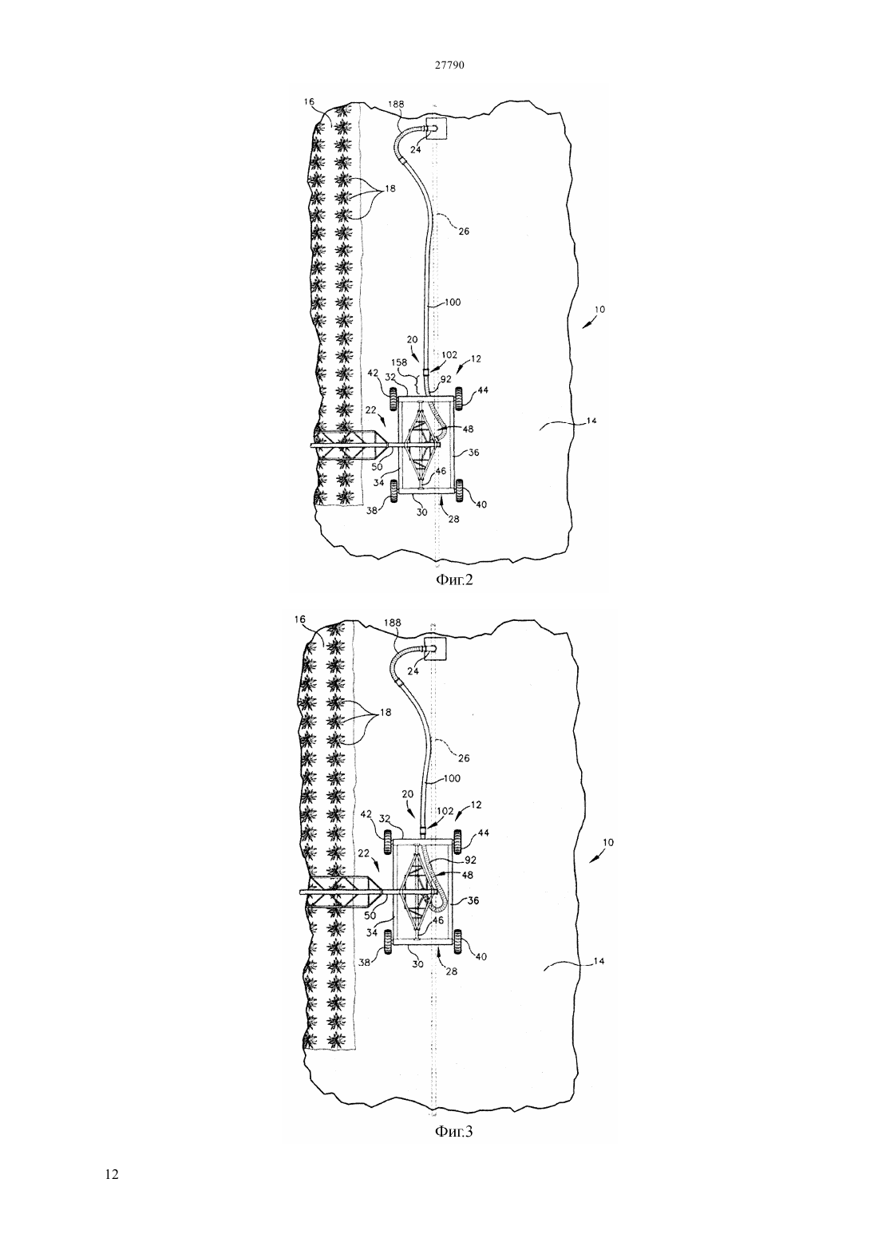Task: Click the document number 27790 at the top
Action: click(449, 65)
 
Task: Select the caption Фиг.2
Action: click(454, 580)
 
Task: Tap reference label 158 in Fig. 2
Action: click(400, 362)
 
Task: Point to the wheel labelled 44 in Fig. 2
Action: click(460, 398)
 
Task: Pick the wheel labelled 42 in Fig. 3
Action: click(389, 841)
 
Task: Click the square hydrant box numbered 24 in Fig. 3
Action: click(435, 647)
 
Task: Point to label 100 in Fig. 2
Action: click(453, 303)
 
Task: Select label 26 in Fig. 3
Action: click(464, 758)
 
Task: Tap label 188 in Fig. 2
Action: click(397, 104)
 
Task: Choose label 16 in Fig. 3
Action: click(300, 620)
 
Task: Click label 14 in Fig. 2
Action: click(591, 421)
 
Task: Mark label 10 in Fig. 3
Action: click(607, 842)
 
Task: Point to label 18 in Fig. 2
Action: click(390, 188)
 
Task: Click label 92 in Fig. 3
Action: click(471, 860)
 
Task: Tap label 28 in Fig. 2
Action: click(453, 520)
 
